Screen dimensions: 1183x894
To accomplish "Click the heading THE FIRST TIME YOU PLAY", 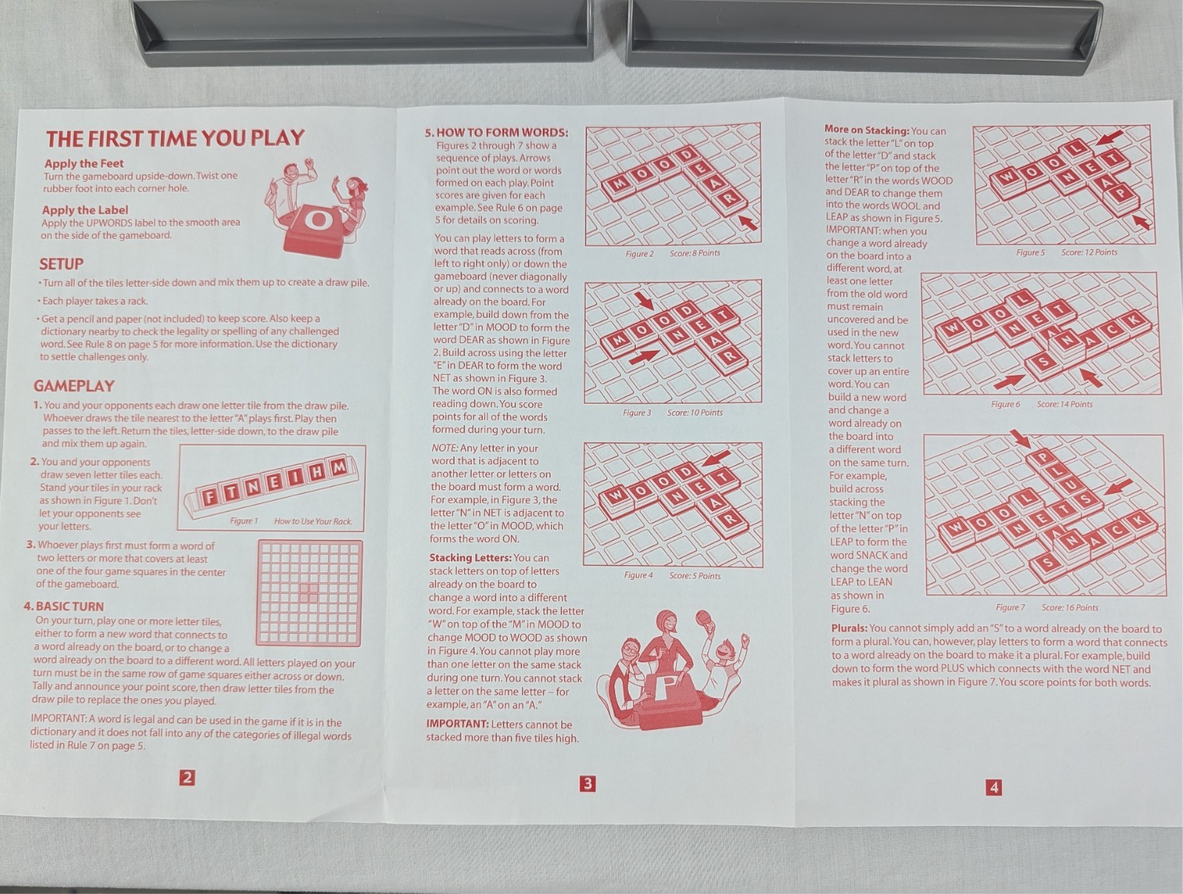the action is pos(175,138).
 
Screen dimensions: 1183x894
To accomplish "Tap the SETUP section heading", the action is pos(61,264).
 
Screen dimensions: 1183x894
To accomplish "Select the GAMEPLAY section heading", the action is pos(74,386).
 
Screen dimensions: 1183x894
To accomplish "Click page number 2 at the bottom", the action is pos(188,778).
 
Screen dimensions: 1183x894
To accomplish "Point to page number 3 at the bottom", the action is pos(587,784).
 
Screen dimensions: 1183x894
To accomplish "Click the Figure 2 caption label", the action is pos(640,254).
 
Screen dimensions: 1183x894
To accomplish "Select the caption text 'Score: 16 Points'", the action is pos(1070,607).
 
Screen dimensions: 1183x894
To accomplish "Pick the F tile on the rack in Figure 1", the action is pos(210,495).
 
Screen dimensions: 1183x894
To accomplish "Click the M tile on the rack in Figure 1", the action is pos(338,467).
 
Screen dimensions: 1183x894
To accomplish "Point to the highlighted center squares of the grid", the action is pos(309,592).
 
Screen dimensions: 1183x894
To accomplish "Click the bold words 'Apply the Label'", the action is pos(85,210).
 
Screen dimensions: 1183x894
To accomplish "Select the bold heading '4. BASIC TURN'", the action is pos(64,606).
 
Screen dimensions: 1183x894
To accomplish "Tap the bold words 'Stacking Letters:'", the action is pos(470,558).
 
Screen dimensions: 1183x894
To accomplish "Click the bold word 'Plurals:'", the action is pos(850,629).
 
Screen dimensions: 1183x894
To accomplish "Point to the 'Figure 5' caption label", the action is pos(1031,252).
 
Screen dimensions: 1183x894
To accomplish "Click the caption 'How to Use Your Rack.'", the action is pos(313,521).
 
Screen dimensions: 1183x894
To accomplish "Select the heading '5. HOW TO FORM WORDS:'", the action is pos(496,132).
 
